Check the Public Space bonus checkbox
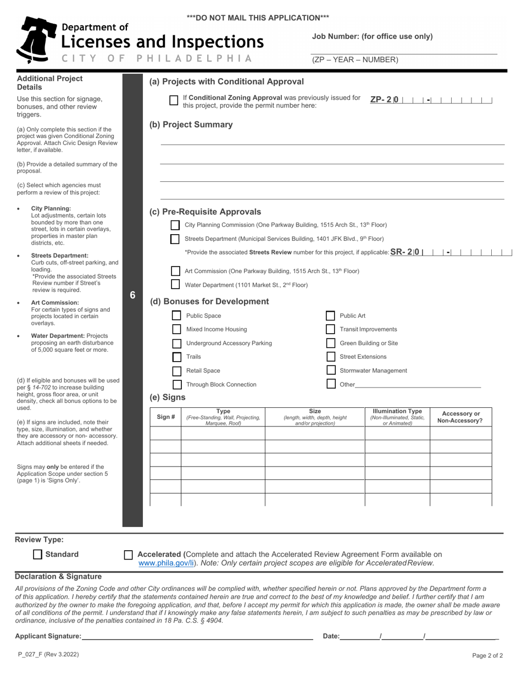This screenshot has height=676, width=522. (x=176, y=315)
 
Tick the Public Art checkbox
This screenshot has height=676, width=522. (x=330, y=315)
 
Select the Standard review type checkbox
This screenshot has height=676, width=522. (x=38, y=555)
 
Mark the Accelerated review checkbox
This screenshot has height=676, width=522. (x=129, y=555)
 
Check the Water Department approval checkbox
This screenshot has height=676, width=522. (x=175, y=285)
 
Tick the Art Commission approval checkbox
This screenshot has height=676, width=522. (x=175, y=271)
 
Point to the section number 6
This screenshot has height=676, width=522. (x=132, y=295)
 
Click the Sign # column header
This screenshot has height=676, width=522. (x=165, y=417)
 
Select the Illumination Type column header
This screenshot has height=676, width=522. (x=397, y=417)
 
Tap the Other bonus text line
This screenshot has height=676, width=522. (x=418, y=384)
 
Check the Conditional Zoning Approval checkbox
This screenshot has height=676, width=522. (x=174, y=100)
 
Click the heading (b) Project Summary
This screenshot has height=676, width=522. (x=191, y=125)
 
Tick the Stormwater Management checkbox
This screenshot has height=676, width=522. (x=331, y=370)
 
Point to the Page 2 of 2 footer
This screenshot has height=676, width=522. (x=487, y=655)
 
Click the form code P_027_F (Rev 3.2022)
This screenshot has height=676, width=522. (x=48, y=655)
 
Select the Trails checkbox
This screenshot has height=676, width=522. (x=176, y=357)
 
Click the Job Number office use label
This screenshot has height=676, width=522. (x=373, y=37)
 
